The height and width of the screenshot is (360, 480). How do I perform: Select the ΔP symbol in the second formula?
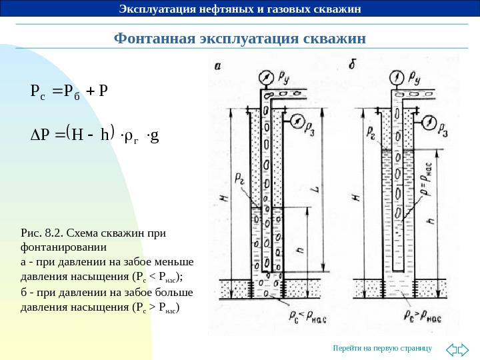click(41, 137)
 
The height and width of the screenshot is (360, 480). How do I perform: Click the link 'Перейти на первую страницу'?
click(383, 348)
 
